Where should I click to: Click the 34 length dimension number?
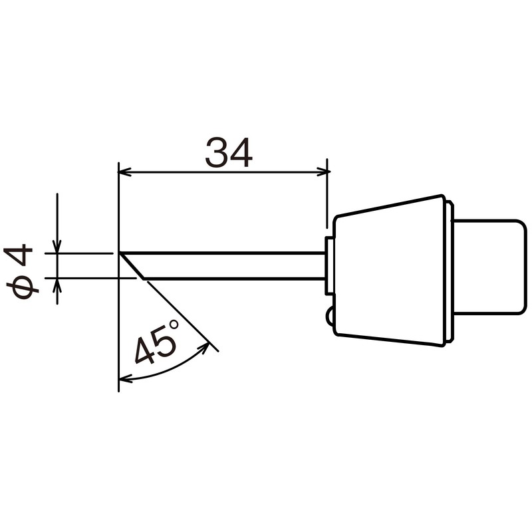(x=228, y=153)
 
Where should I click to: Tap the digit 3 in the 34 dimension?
(x=216, y=153)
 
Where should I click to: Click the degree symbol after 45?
(x=174, y=325)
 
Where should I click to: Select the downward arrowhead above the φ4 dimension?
(x=57, y=247)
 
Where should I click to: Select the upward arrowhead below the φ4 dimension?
(x=57, y=284)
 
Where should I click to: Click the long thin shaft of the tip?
(x=233, y=266)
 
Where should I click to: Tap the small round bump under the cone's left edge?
(x=330, y=319)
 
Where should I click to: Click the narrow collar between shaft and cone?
(x=329, y=266)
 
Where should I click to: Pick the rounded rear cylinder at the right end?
(x=490, y=266)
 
